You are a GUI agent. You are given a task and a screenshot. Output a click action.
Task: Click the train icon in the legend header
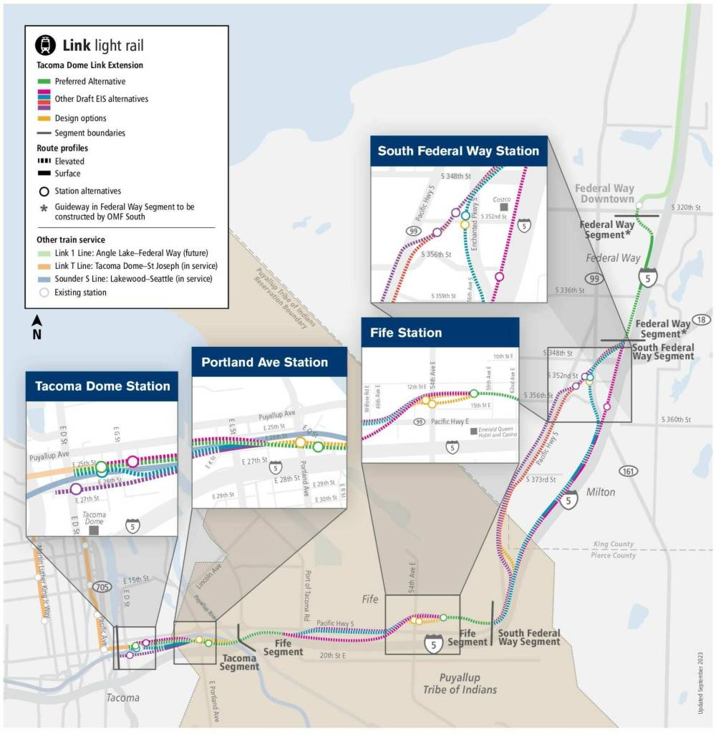[46, 45]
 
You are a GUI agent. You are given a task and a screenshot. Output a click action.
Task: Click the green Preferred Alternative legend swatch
[43, 82]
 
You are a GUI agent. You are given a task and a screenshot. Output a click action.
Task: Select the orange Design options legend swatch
[43, 118]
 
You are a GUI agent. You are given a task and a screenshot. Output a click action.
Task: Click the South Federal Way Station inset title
[458, 151]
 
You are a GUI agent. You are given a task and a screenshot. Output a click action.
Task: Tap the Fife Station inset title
[406, 333]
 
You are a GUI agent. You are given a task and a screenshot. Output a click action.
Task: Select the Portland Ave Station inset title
[264, 362]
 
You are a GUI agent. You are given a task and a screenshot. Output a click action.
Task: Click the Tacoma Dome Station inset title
[102, 386]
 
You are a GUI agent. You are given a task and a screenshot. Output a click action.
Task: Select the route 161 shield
[629, 471]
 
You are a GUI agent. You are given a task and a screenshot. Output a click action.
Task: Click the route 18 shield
[700, 320]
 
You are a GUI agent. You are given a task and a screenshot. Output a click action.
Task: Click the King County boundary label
[614, 545]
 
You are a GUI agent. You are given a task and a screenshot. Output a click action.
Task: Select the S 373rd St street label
[540, 480]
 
